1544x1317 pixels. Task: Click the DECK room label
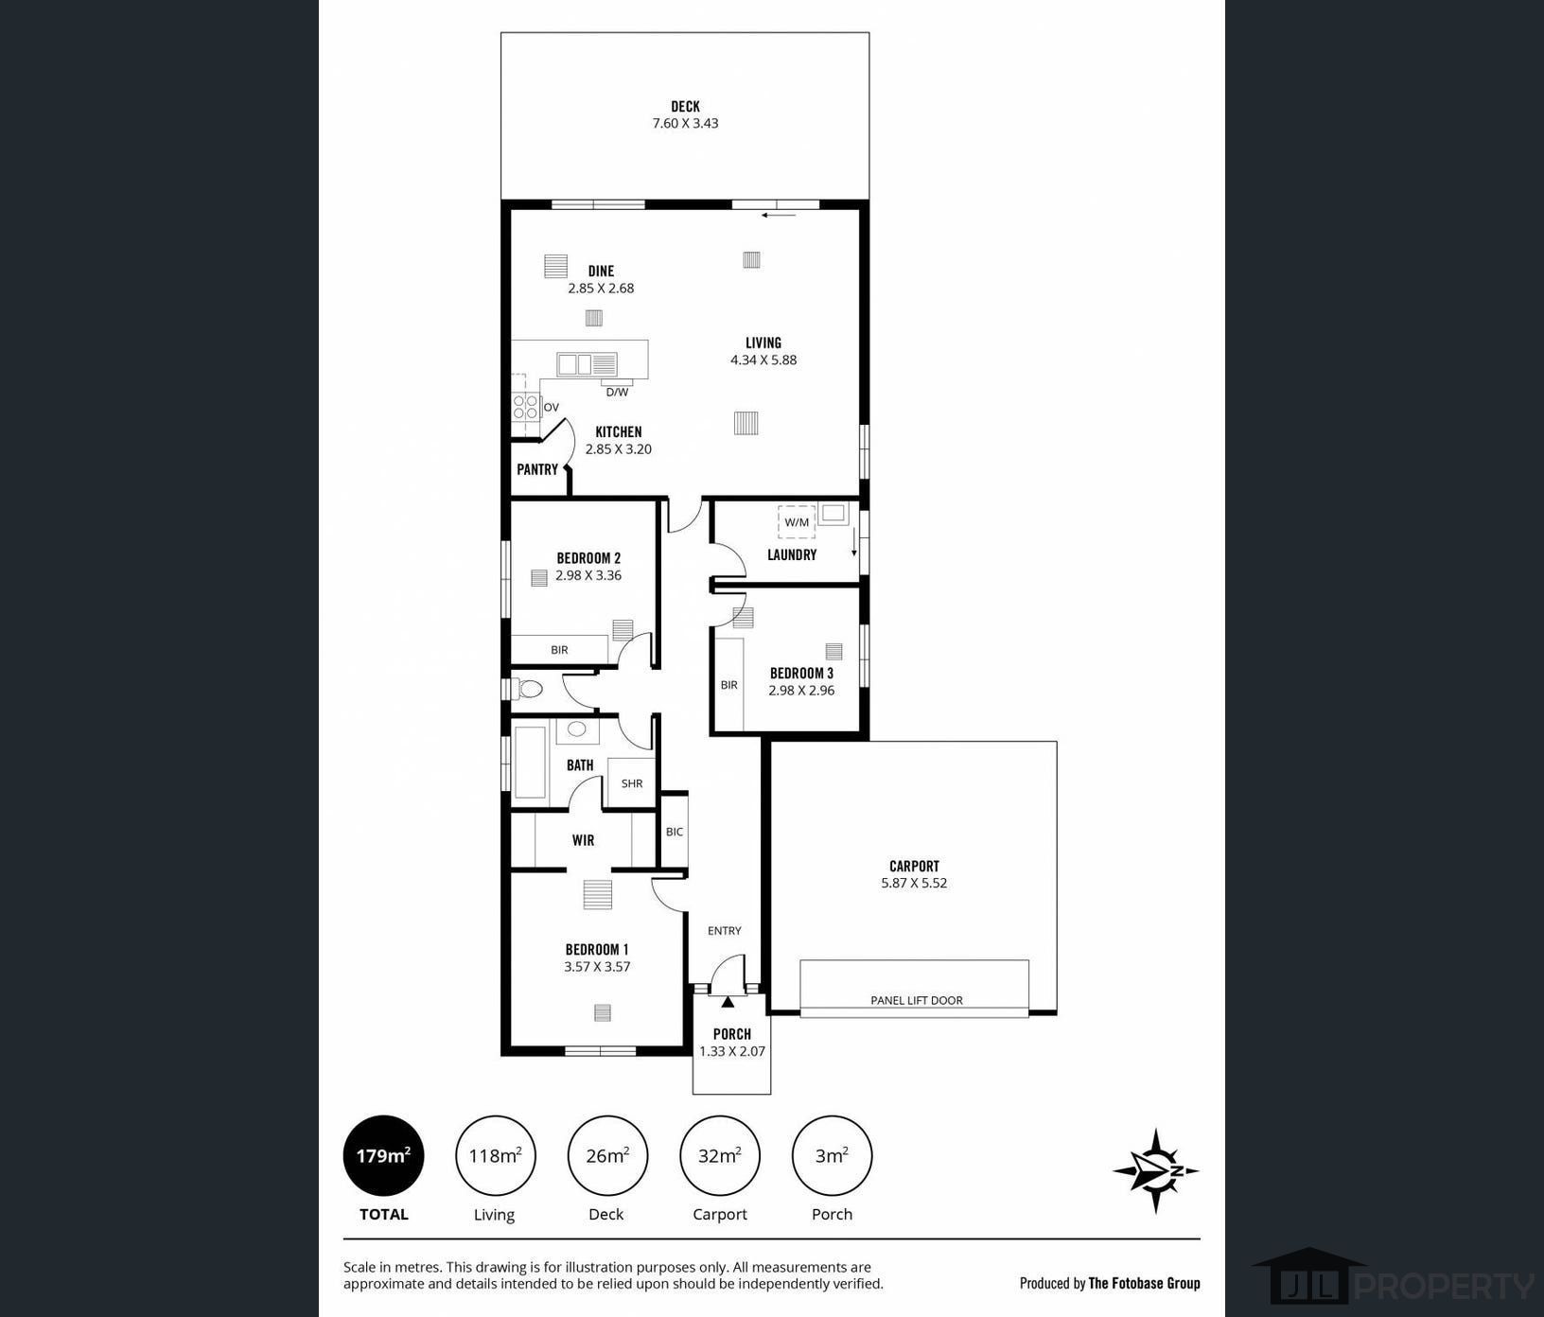(x=685, y=106)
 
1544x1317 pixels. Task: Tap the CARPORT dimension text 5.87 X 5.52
(x=914, y=883)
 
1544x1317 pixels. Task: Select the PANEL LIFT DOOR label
(x=916, y=1000)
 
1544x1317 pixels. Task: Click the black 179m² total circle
(x=383, y=1155)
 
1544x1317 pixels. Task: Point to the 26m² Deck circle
(x=607, y=1155)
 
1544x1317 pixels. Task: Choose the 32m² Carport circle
(x=719, y=1155)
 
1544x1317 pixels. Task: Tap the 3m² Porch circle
(x=832, y=1155)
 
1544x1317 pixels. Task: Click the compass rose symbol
(x=1155, y=1170)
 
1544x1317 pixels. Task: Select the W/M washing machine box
(x=797, y=522)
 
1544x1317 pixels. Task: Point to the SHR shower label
(x=632, y=783)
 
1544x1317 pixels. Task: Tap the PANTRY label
(x=537, y=469)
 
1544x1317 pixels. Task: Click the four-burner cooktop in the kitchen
(x=525, y=407)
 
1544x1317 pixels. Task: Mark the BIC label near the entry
(x=675, y=832)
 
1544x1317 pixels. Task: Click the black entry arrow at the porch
(x=728, y=1001)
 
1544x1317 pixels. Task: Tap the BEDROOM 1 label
(x=597, y=949)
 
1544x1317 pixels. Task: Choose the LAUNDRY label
(x=792, y=554)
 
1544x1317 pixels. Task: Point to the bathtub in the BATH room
(x=530, y=763)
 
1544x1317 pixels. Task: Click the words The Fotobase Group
(x=1144, y=1283)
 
